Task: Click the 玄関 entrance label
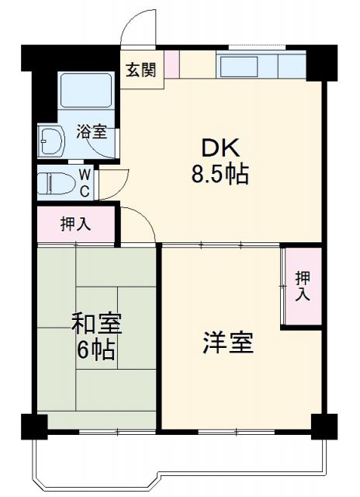pos(141,70)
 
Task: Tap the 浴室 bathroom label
pos(92,131)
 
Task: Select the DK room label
pos(220,148)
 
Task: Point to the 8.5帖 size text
pos(220,174)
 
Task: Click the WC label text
pos(84,183)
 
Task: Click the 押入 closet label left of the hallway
pos(76,225)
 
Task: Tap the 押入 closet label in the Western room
pos(302,285)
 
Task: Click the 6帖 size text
pos(97,349)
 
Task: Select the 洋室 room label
pos(228,342)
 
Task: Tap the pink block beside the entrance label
pos(171,64)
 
